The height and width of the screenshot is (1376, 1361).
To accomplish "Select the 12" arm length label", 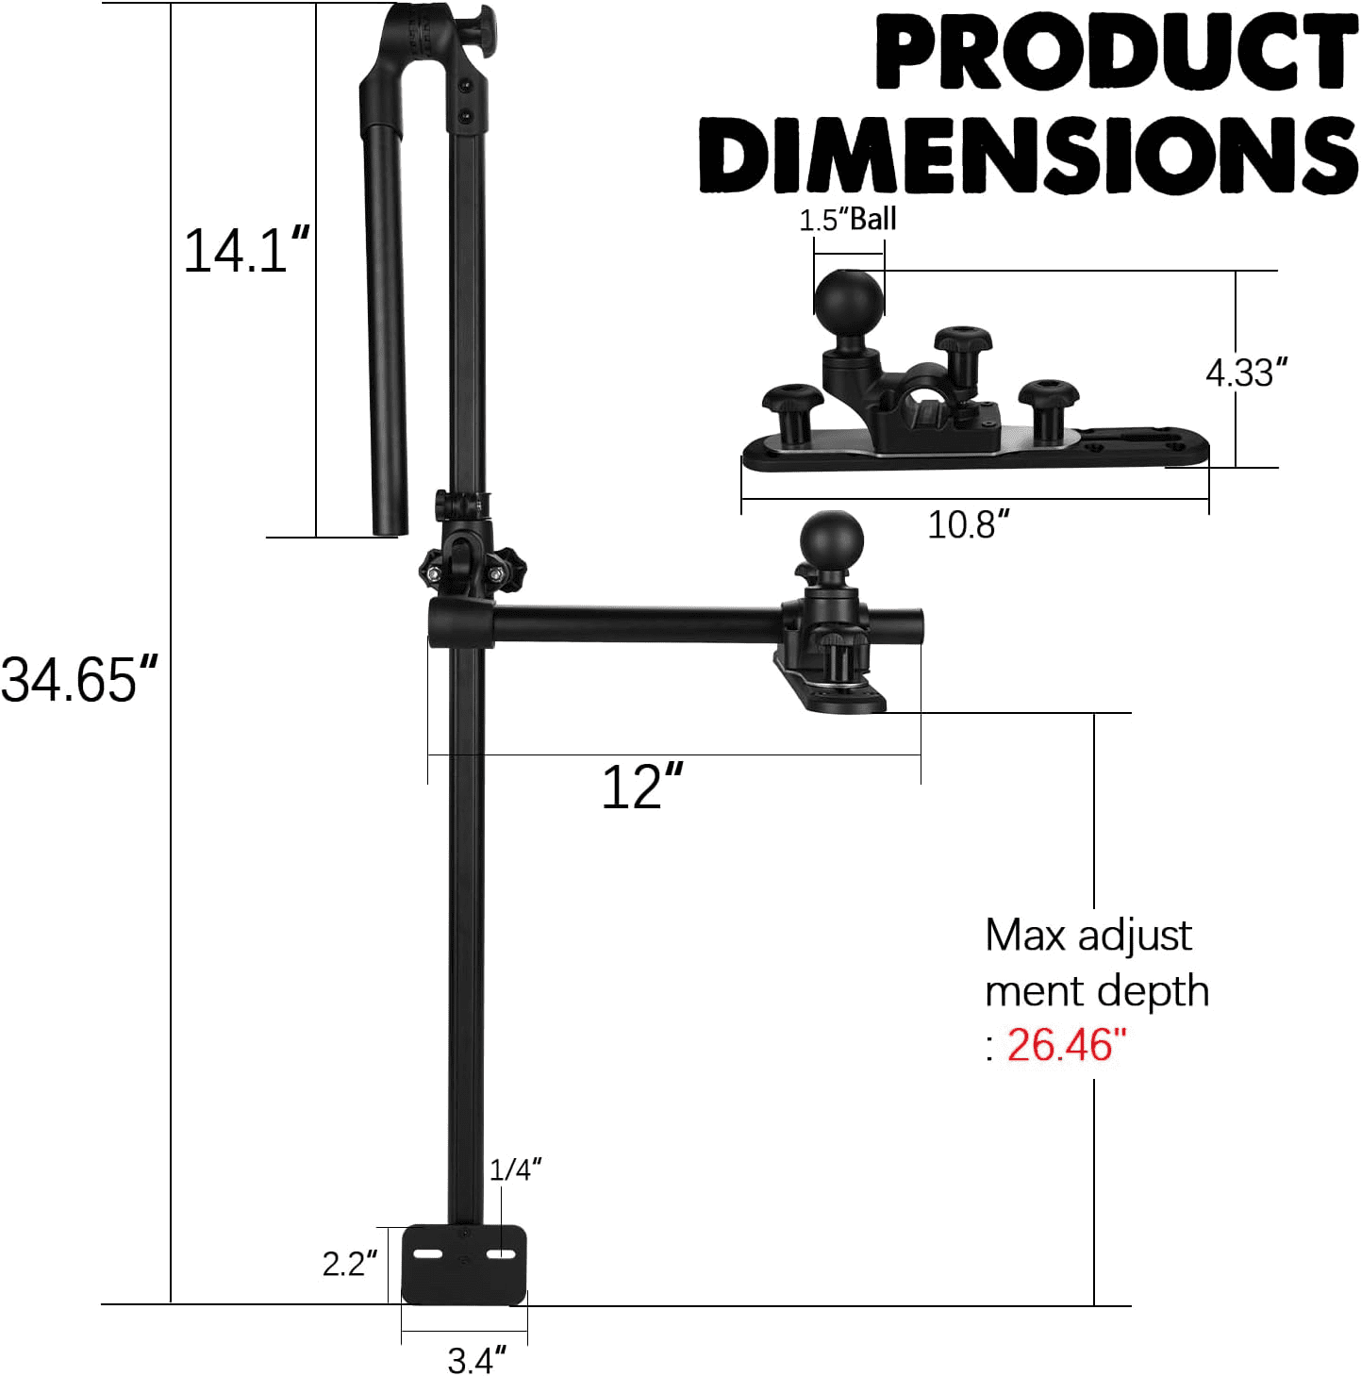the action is click(x=642, y=787).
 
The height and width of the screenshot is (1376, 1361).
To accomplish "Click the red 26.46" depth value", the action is click(x=1065, y=1044).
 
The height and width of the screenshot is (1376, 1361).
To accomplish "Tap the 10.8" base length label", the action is click(x=968, y=524).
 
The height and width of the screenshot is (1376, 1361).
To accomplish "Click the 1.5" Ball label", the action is click(x=847, y=219).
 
